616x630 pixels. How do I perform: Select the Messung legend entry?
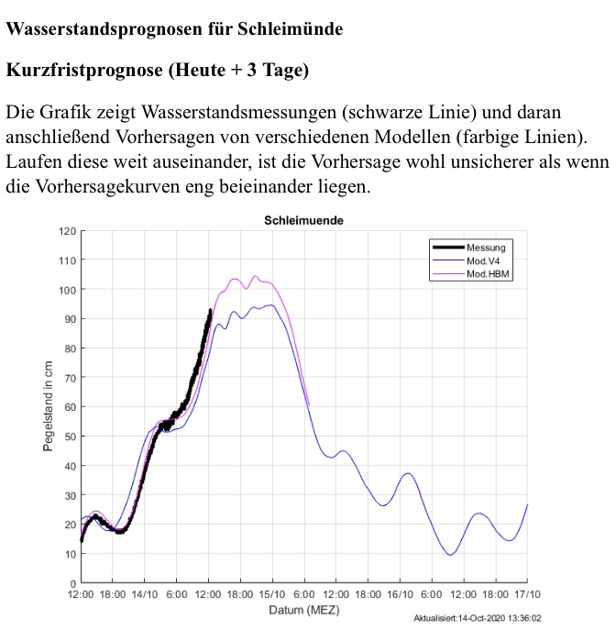485,247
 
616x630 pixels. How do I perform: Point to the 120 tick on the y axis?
67,231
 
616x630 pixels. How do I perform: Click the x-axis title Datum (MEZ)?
302,610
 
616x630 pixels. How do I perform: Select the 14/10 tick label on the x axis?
145,594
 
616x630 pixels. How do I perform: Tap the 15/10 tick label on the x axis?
272,594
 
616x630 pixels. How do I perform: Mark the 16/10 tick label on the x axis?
400,594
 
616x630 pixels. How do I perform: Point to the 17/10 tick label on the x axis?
526,594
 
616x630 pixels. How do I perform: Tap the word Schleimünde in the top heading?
291,28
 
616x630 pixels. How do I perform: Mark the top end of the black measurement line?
211,311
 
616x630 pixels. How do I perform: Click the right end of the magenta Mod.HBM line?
309,404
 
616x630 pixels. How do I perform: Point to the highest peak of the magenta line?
255,276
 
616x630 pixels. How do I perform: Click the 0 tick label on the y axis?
72,583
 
